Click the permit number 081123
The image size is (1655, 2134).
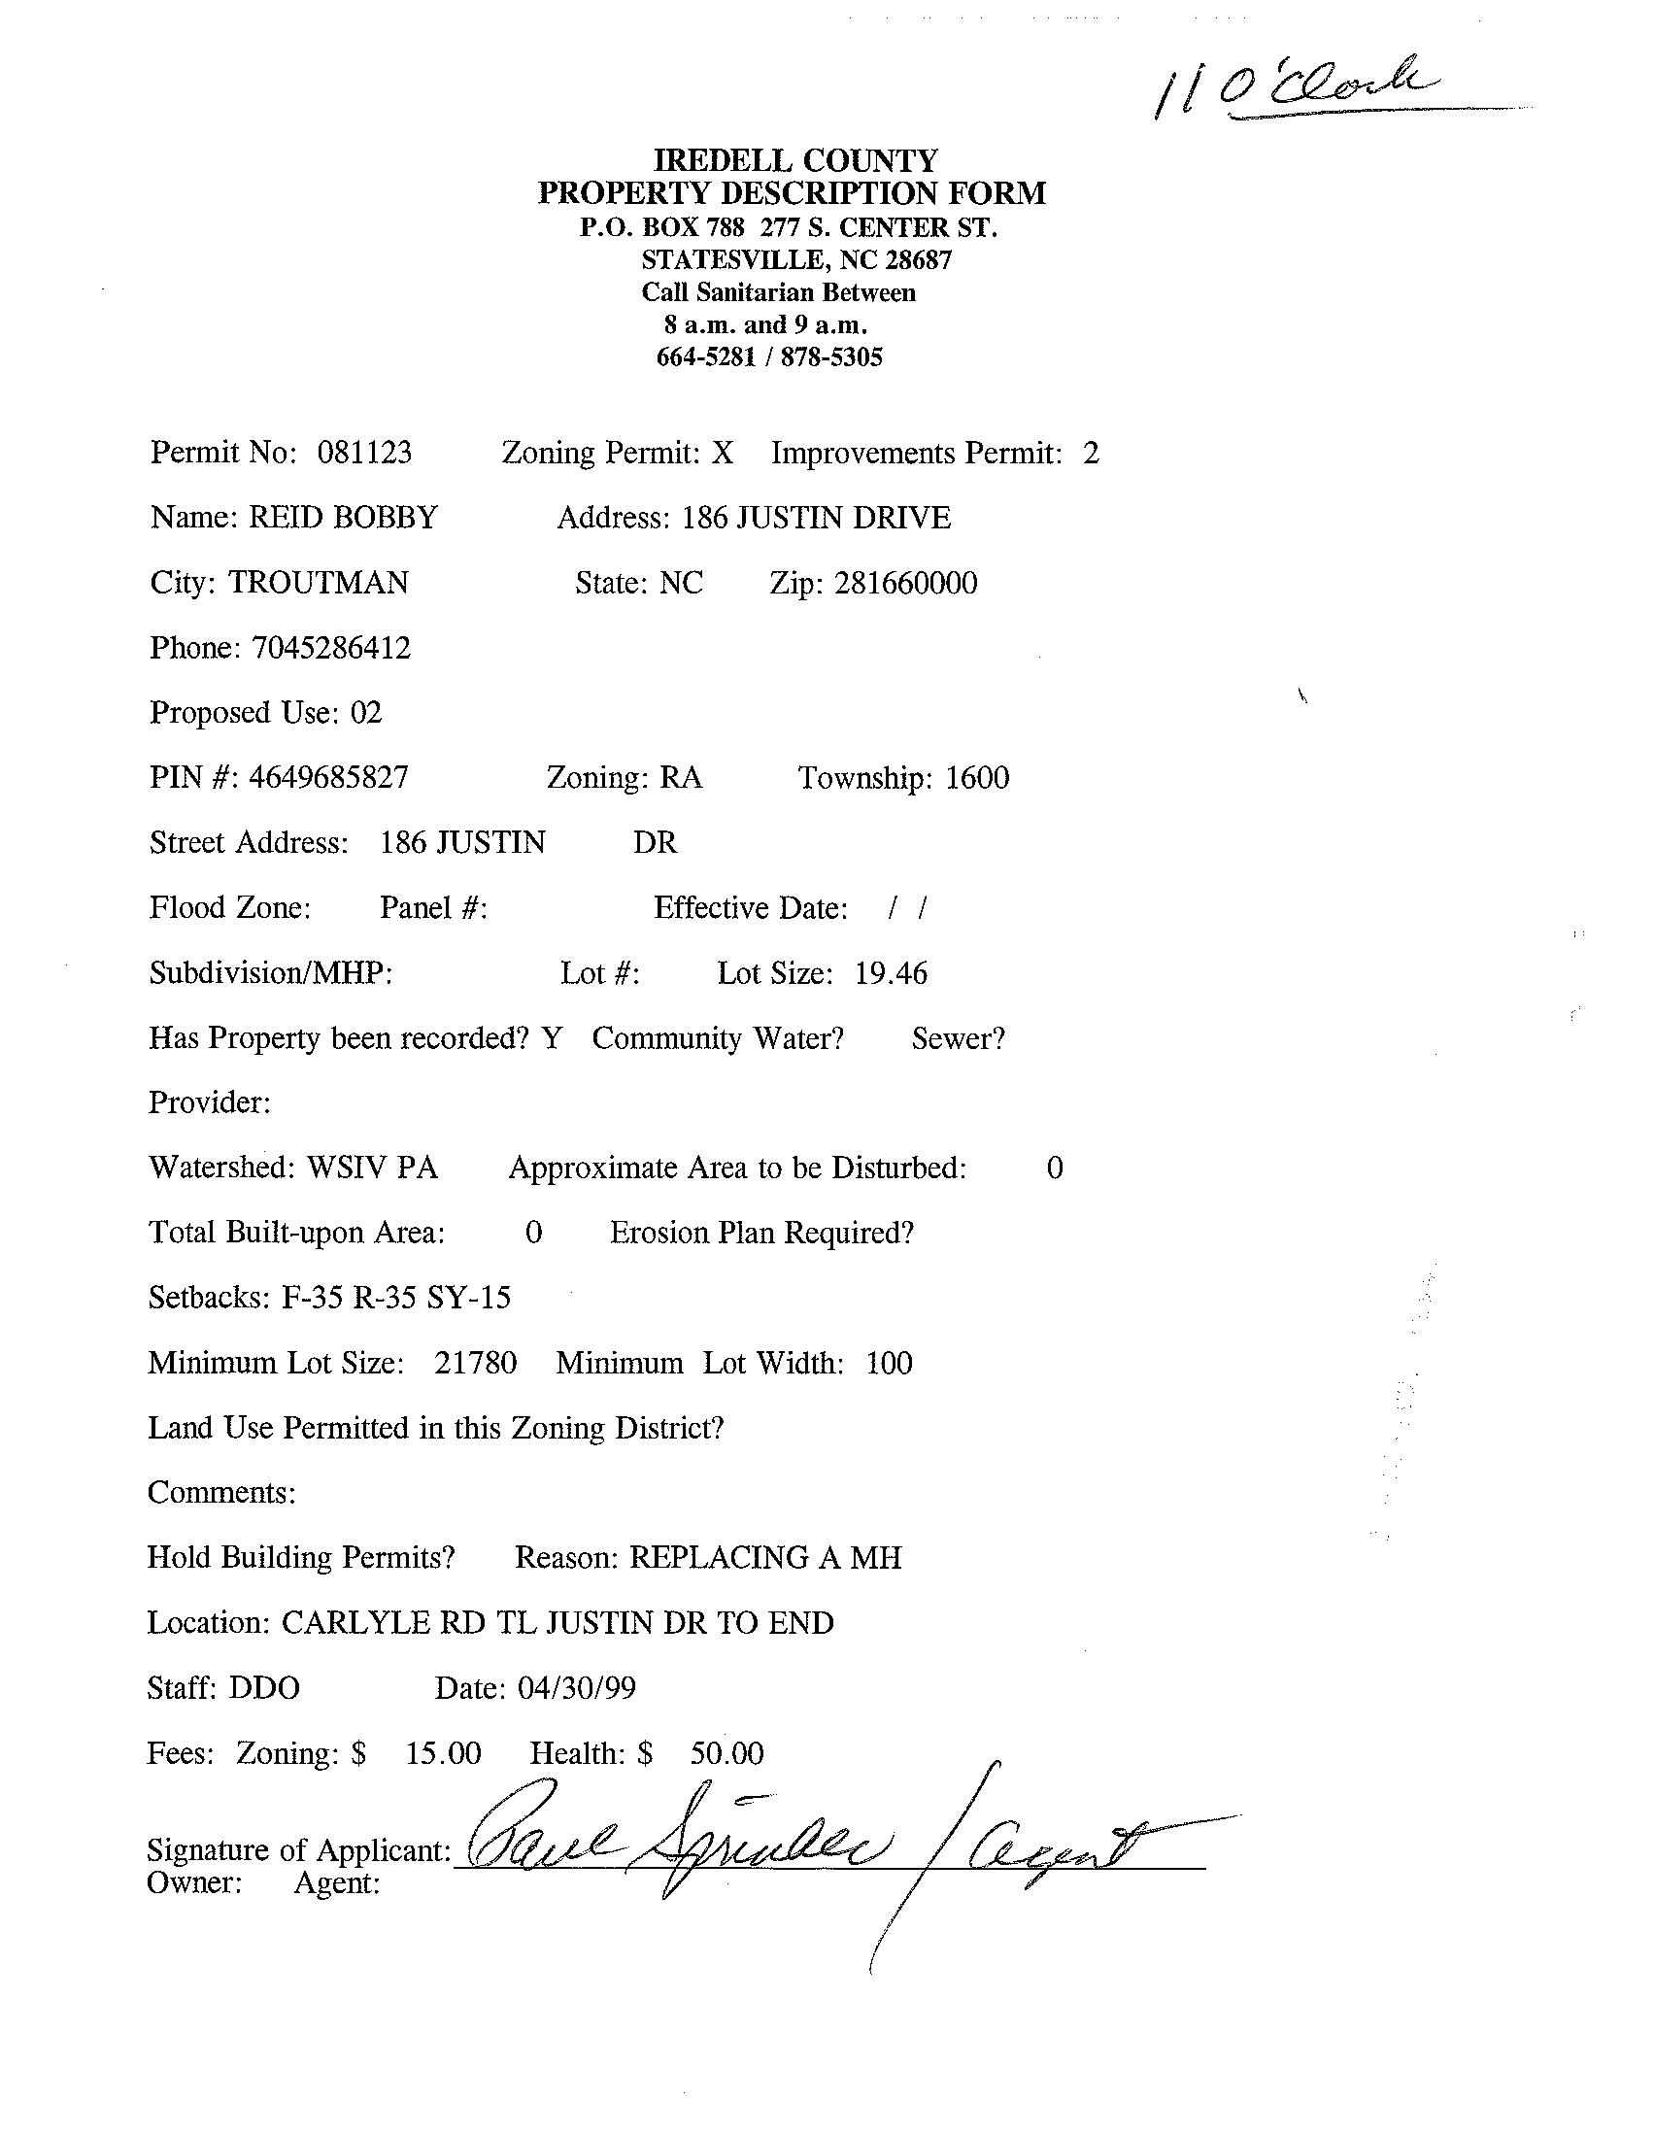tap(363, 453)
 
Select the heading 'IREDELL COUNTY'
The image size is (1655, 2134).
tap(794, 159)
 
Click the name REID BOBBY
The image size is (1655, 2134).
tap(342, 517)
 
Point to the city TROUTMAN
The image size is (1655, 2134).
tap(319, 583)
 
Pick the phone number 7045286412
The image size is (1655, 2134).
tap(331, 648)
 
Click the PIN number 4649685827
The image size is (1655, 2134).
tap(328, 778)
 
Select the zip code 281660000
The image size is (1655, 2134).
tap(904, 584)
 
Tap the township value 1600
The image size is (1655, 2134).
tap(976, 778)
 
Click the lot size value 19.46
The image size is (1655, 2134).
tap(890, 973)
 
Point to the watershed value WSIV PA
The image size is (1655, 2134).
tap(372, 1168)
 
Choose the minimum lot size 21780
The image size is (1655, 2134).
tap(475, 1363)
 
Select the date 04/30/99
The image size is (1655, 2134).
tap(576, 1688)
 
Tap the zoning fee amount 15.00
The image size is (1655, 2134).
tap(443, 1754)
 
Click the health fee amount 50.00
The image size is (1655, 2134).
tap(726, 1754)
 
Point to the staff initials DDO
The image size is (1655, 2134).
tap(264, 1688)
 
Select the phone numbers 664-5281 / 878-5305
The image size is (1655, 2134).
tap(769, 357)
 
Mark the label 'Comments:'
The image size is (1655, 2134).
tap(220, 1493)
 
